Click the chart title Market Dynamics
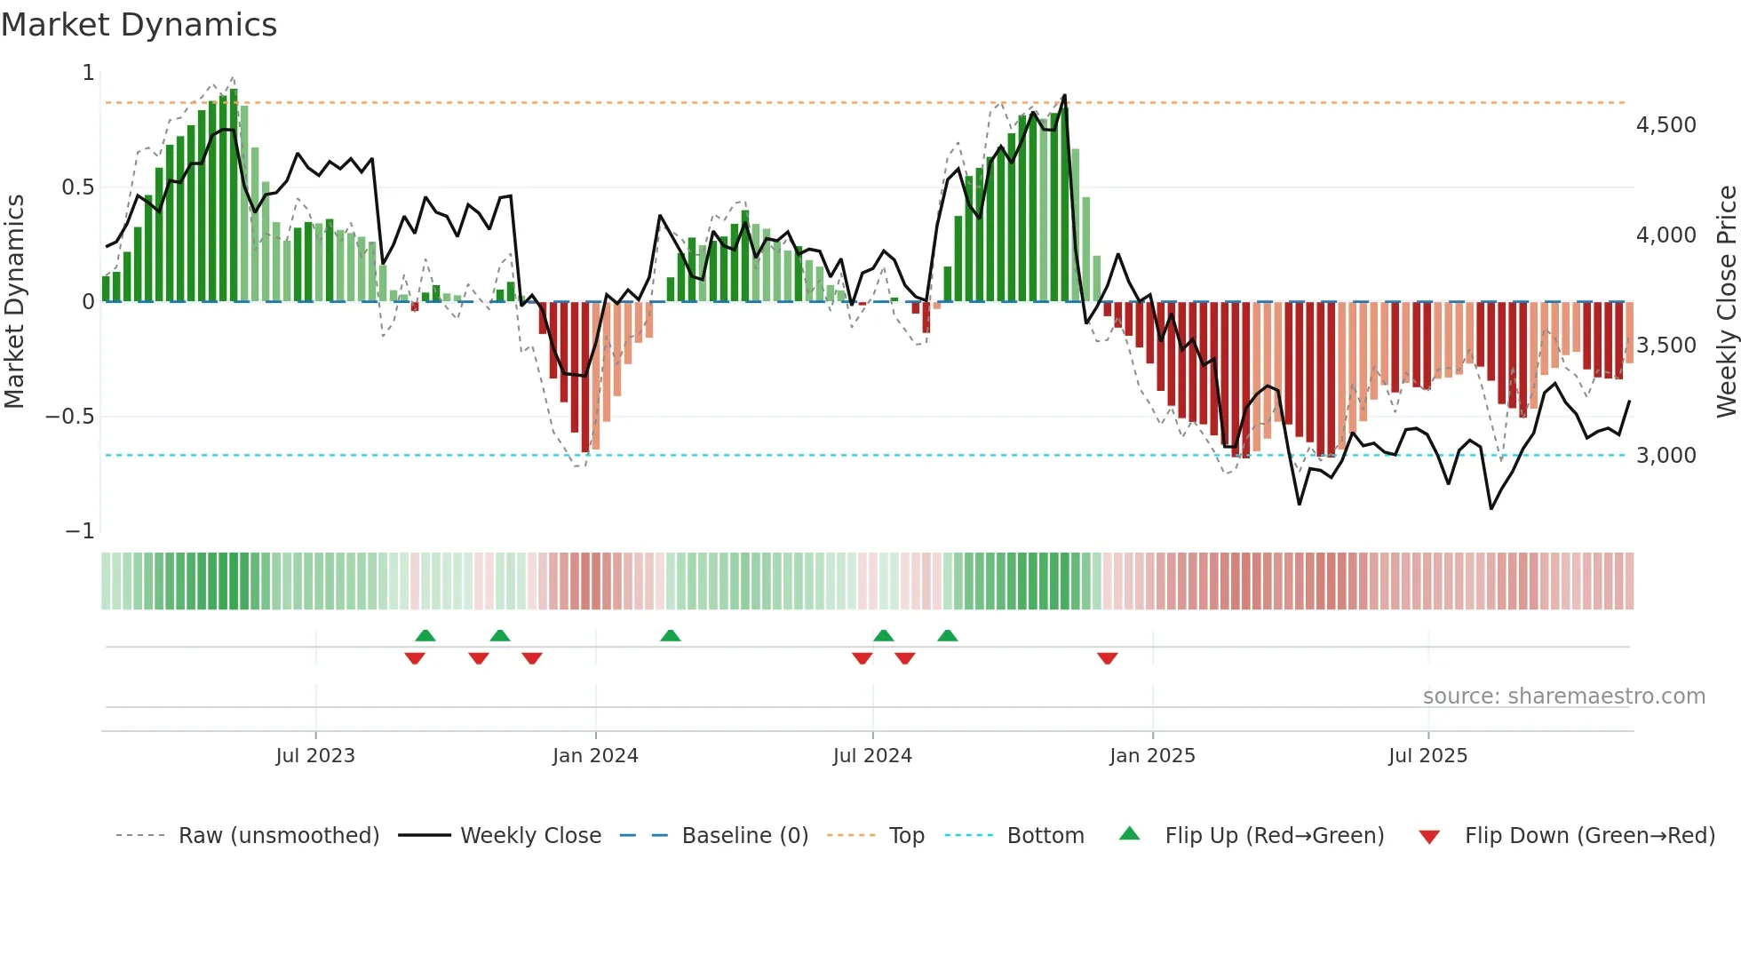pos(139,25)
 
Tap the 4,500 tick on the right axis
pos(1665,125)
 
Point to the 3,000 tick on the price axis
pos(1665,456)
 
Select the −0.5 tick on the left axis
pos(70,417)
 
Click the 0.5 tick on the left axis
pos(77,187)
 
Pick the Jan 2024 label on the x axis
pos(595,756)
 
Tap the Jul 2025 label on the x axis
pos(1427,756)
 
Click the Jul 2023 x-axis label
pos(315,756)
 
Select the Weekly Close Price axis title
pos(1726,302)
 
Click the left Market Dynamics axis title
pos(14,302)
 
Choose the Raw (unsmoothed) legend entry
pos(278,836)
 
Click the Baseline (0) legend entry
pos(744,836)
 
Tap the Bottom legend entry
pos(1045,836)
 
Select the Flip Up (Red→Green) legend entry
pos(1274,836)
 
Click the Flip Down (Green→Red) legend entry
pos(1589,836)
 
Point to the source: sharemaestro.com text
pos(1563,696)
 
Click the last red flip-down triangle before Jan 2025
pos(1107,658)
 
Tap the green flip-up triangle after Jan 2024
pos(671,635)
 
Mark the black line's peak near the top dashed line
pos(1064,96)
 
